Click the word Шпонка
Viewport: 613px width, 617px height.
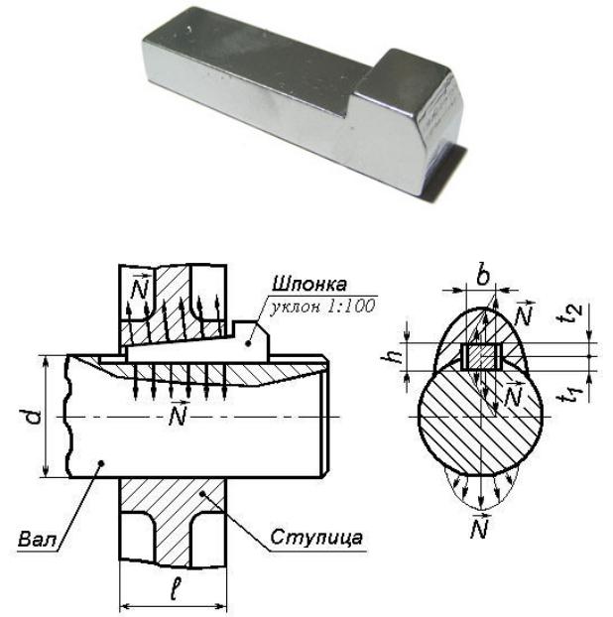point(309,284)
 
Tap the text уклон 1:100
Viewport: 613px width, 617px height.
point(321,306)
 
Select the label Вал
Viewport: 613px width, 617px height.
point(38,539)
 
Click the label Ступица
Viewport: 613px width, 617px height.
point(316,538)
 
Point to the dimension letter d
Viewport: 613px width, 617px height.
point(35,417)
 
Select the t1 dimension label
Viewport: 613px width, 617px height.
point(573,395)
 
